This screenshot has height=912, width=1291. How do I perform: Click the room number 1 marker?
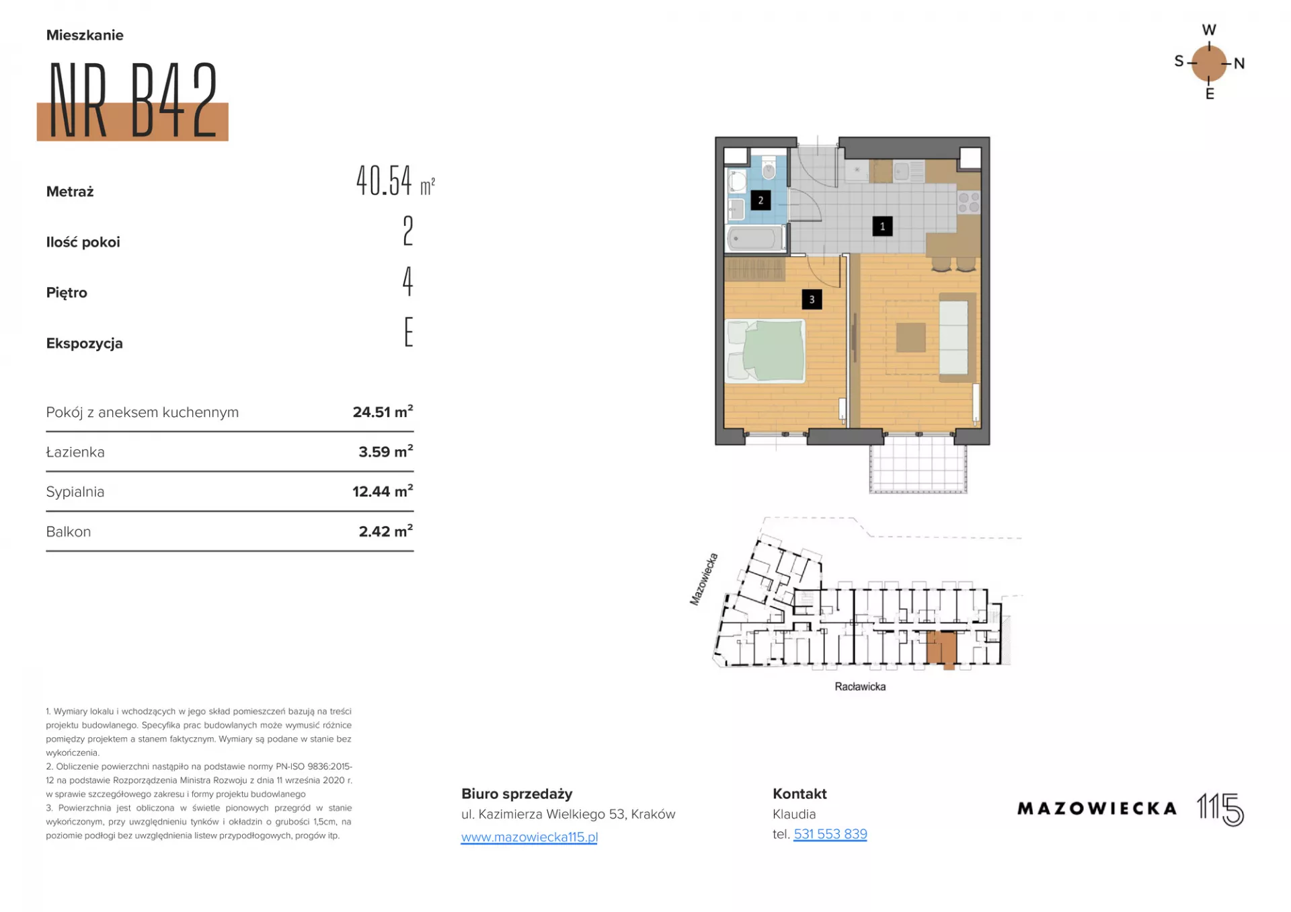point(882,226)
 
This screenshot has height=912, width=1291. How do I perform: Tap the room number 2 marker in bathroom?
point(760,200)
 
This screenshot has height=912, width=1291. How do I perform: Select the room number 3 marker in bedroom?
point(812,299)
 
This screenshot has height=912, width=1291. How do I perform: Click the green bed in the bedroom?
point(766,351)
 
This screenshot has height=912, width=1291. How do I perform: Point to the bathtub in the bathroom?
point(756,238)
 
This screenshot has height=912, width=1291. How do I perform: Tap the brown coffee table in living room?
point(910,337)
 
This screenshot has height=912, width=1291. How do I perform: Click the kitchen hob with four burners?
point(968,202)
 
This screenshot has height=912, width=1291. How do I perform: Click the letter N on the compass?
point(1239,64)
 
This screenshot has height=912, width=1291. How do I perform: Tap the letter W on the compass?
point(1209,30)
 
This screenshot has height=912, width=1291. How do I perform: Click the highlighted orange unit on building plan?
point(941,648)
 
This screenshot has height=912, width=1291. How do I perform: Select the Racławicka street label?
point(860,687)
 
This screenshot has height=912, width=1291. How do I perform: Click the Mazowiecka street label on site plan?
point(704,579)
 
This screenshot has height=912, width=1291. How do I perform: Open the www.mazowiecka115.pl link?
point(529,837)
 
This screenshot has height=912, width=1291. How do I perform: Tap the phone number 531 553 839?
point(830,834)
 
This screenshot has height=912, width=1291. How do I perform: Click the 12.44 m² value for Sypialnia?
point(383,491)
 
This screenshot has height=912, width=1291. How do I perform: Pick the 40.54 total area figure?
point(384,180)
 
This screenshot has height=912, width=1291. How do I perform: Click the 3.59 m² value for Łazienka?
point(386,451)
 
